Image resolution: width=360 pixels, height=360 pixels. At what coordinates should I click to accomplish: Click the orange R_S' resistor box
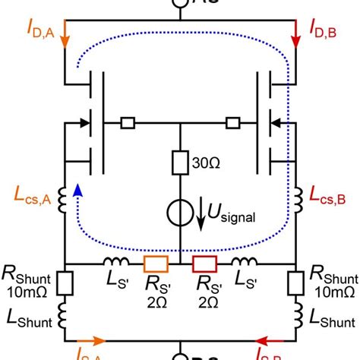156,264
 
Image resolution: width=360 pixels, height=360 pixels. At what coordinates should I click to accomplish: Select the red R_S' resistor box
204,264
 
